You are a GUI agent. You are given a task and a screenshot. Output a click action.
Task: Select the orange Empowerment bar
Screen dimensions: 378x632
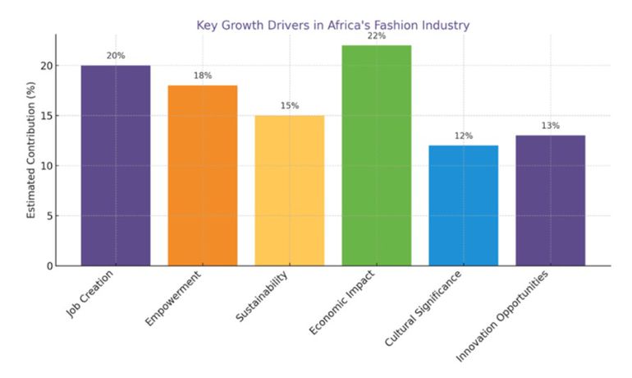[x=202, y=176]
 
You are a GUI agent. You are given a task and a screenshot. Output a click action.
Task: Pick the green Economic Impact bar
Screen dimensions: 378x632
[x=376, y=156]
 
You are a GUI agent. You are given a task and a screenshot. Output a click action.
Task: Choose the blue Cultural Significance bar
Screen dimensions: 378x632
[x=463, y=205]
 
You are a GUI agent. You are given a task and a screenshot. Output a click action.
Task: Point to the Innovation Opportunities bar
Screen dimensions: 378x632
[x=550, y=201]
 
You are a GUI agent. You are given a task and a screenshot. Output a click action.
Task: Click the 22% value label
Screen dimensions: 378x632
[x=376, y=36]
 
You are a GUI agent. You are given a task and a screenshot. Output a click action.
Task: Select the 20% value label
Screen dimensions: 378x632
[x=116, y=56]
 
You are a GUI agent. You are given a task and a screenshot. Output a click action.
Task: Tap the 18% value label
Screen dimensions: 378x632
[x=202, y=76]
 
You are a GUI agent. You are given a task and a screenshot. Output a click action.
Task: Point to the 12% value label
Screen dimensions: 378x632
[x=463, y=136]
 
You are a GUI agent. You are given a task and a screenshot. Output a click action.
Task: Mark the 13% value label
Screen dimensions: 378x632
[x=550, y=126]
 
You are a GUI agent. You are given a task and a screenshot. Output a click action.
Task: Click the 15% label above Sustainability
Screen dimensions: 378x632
[x=289, y=106]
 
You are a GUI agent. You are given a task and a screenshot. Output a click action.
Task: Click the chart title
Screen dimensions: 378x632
[x=332, y=25]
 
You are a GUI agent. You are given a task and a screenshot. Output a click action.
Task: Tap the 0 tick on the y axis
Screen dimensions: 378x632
[x=48, y=266]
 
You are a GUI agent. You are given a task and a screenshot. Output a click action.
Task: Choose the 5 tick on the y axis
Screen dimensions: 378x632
[x=48, y=216]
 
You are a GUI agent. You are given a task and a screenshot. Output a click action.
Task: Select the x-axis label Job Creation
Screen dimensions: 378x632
[x=93, y=294]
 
